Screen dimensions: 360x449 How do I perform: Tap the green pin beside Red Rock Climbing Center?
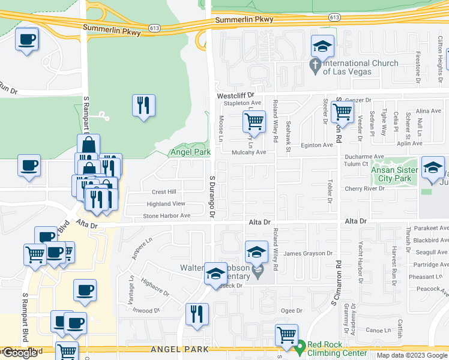click(x=301, y=346)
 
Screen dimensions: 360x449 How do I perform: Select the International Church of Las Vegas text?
click(x=360, y=67)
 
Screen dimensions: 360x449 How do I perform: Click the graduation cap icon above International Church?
click(x=322, y=46)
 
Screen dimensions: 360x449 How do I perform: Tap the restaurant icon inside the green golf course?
click(x=143, y=106)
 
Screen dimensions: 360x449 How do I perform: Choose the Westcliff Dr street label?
click(x=235, y=95)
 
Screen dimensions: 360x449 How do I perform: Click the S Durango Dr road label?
click(x=212, y=197)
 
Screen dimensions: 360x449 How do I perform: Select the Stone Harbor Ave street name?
click(x=162, y=215)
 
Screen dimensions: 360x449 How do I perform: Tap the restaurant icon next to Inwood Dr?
click(x=197, y=314)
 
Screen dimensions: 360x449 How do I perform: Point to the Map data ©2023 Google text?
click(x=412, y=355)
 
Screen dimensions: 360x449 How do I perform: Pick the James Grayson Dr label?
click(x=308, y=254)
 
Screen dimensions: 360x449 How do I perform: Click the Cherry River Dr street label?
click(x=364, y=188)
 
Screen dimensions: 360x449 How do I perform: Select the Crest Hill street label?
click(x=164, y=192)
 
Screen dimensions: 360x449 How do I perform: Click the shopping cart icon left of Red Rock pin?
click(x=287, y=335)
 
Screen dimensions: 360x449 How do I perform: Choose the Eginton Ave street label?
click(x=316, y=145)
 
